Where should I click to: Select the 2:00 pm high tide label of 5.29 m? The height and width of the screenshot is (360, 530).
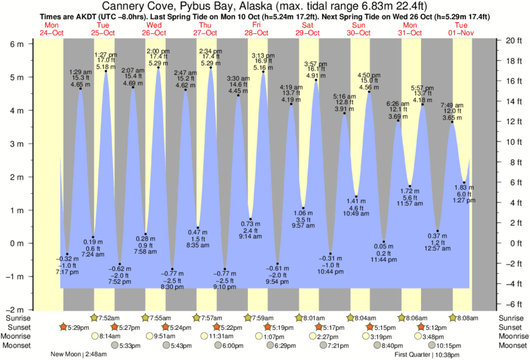(x=158, y=57)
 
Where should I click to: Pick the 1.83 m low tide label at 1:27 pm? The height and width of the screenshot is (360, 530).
(x=465, y=194)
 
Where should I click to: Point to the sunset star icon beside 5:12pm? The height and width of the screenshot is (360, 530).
(x=421, y=327)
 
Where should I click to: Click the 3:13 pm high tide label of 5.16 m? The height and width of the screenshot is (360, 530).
(x=263, y=61)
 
